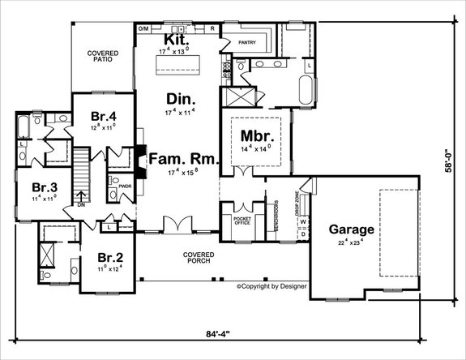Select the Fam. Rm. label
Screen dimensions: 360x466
182,159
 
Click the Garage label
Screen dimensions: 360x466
350,229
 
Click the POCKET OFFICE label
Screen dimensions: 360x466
242,222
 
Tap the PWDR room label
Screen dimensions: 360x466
125,186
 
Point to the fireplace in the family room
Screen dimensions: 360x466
140,160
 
